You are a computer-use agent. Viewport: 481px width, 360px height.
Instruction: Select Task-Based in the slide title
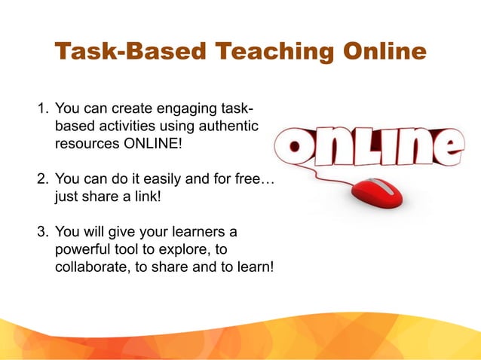[130, 53]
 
